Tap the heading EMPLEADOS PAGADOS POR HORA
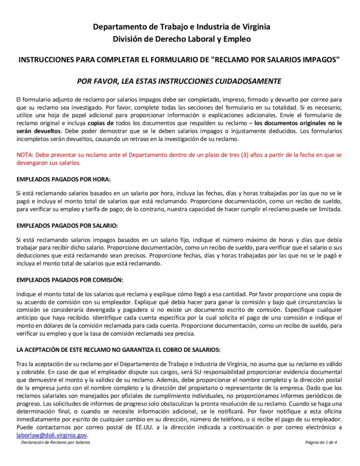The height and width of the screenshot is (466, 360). (x=63, y=179)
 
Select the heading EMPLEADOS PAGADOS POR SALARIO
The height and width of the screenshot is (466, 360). (x=67, y=225)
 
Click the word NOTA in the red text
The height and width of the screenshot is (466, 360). (x=24, y=155)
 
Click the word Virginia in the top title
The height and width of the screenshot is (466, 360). (x=253, y=27)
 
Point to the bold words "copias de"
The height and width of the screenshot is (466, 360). (x=101, y=123)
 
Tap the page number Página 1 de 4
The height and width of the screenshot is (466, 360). (x=321, y=443)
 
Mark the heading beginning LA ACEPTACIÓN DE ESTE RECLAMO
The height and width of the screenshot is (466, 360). (x=118, y=349)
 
